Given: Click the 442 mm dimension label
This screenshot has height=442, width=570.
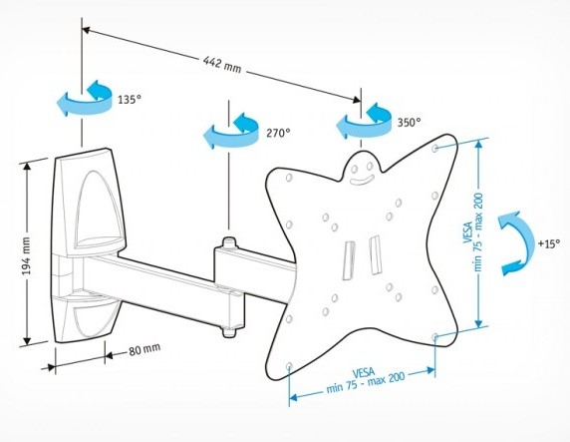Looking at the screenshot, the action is tap(222, 65).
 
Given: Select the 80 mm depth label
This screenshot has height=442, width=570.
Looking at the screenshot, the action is tap(144, 350).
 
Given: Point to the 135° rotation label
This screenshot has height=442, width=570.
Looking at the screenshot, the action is tap(130, 100).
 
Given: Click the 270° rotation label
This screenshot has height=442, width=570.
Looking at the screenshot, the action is tap(278, 133).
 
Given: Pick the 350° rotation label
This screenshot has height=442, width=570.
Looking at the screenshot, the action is tap(409, 122).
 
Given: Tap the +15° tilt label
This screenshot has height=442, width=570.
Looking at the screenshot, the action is tap(549, 243).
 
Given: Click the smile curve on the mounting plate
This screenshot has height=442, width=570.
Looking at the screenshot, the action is tap(362, 180).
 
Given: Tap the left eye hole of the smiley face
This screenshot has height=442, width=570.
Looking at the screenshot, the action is tap(354, 169).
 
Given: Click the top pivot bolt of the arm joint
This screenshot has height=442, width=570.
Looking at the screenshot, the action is tap(228, 242).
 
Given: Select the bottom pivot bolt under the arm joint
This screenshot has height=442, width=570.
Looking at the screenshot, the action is tap(228, 332).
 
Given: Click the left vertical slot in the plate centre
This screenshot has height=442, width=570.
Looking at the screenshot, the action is tap(349, 260).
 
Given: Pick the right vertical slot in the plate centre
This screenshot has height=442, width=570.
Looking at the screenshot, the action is tap(375, 254).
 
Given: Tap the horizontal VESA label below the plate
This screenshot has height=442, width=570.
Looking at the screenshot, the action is tap(365, 381).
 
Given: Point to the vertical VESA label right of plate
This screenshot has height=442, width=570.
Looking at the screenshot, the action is tap(473, 231).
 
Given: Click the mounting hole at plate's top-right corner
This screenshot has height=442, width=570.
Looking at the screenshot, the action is tap(435, 149).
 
